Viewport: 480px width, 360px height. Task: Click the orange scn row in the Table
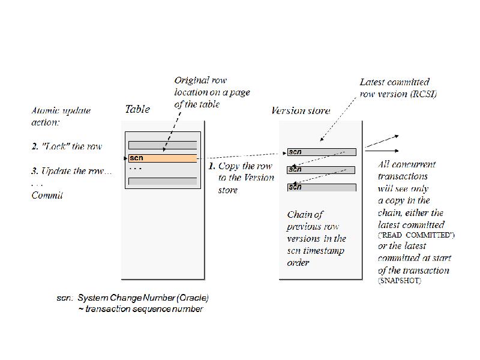(163, 158)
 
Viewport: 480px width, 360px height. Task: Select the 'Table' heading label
(137, 109)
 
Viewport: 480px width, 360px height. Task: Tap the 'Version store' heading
(301, 110)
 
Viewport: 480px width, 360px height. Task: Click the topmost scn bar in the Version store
(322, 152)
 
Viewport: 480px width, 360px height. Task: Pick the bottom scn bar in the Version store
(322, 187)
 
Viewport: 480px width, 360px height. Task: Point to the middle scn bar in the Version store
(322, 170)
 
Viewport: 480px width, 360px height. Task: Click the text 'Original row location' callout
(212, 92)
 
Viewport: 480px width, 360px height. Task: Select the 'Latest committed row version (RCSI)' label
(398, 88)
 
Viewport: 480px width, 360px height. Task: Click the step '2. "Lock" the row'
(67, 146)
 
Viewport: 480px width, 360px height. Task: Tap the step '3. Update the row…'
(71, 171)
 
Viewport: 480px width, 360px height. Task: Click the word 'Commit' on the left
(47, 195)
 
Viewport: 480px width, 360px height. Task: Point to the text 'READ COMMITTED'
(416, 235)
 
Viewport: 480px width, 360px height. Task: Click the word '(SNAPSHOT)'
(399, 281)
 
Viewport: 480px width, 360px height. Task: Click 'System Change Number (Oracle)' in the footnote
(143, 298)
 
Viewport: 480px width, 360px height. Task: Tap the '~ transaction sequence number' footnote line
(140, 309)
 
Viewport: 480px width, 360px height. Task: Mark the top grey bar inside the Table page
(163, 145)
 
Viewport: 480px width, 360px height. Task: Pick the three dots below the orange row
(136, 169)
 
